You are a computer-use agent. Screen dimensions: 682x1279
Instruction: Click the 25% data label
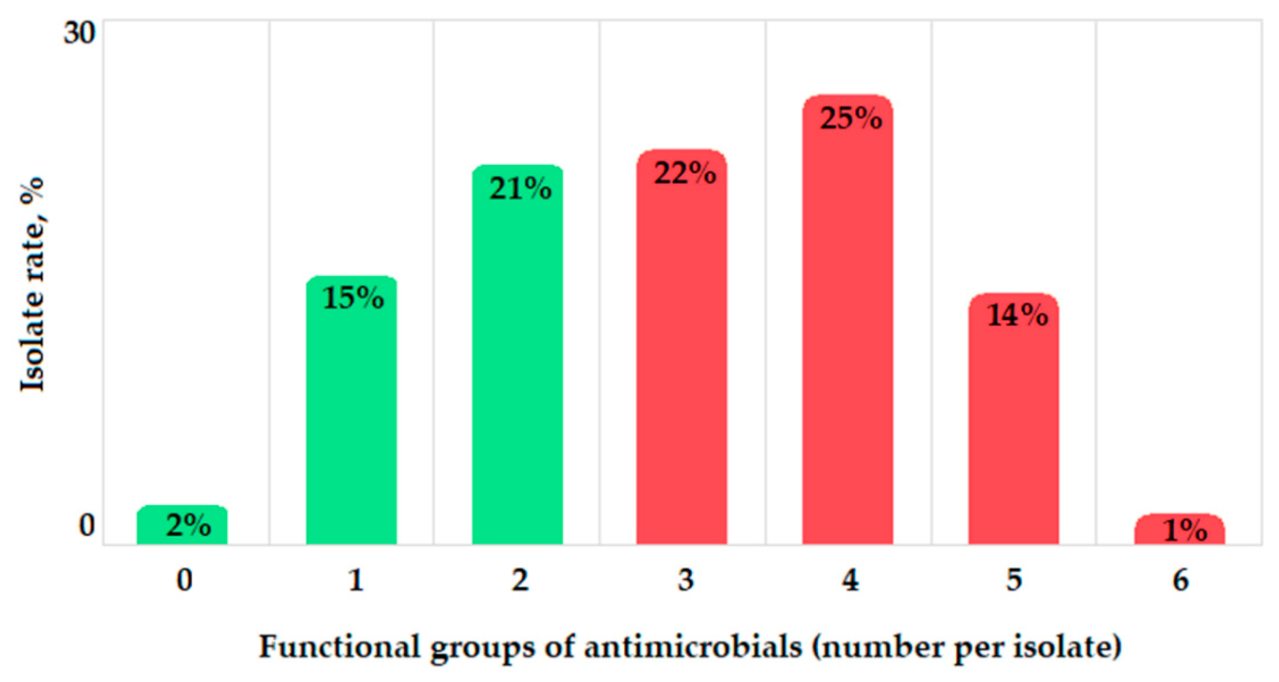click(851, 119)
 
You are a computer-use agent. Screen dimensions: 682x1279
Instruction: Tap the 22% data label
click(685, 174)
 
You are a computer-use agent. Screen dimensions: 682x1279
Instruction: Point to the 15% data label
click(353, 298)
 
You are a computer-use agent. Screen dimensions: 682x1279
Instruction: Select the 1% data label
click(1185, 530)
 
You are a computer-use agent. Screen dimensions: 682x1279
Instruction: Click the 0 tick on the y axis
click(86, 525)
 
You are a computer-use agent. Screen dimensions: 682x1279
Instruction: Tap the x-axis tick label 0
click(184, 579)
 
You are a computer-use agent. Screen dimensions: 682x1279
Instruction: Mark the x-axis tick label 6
click(1181, 579)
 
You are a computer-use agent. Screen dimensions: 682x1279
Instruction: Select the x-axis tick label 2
click(520, 579)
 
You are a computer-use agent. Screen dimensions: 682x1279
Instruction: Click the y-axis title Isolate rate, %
click(33, 285)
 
